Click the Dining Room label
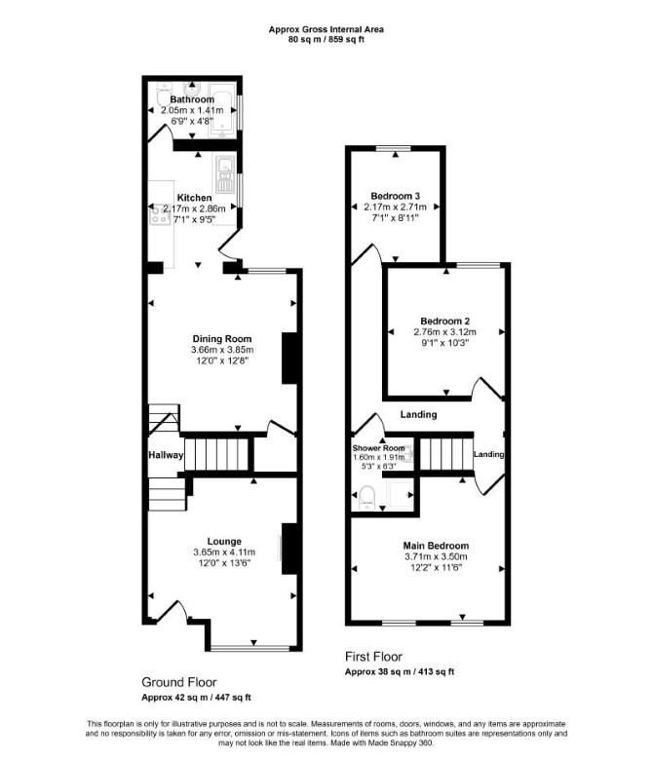pyautogui.click(x=222, y=339)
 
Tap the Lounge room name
pyautogui.click(x=224, y=542)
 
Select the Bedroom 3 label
pyautogui.click(x=395, y=196)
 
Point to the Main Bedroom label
pyautogui.click(x=436, y=546)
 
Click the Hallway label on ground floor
pyautogui.click(x=166, y=455)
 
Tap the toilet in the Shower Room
pyautogui.click(x=367, y=497)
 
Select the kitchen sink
pyautogui.click(x=224, y=174)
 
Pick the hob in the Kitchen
pyautogui.click(x=160, y=214)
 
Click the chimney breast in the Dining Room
pyautogui.click(x=289, y=359)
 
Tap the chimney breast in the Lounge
pyautogui.click(x=289, y=549)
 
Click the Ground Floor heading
pyautogui.click(x=179, y=682)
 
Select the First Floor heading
pyautogui.click(x=373, y=657)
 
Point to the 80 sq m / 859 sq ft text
pyautogui.click(x=326, y=40)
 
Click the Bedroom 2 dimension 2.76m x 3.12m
pyautogui.click(x=444, y=332)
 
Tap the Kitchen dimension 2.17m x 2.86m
pyautogui.click(x=194, y=209)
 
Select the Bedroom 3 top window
pyautogui.click(x=395, y=148)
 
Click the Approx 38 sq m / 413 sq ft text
pyautogui.click(x=400, y=671)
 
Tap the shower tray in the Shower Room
pyautogui.click(x=401, y=494)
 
